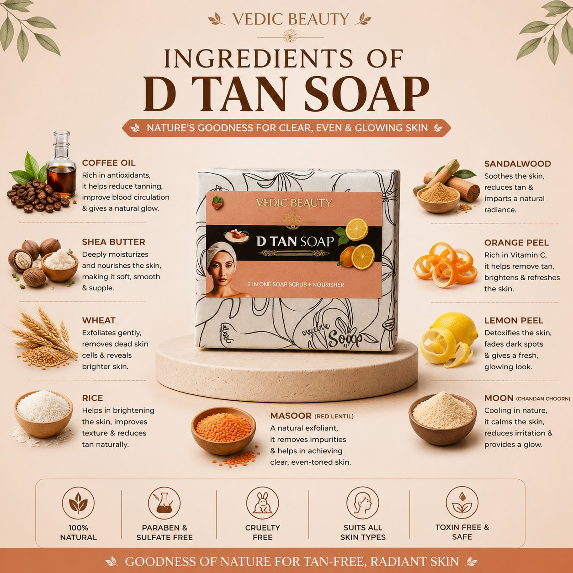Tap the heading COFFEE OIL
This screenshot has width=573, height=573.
109,163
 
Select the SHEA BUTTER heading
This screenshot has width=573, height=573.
114,242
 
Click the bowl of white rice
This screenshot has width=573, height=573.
43,414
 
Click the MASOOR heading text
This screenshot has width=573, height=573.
291,416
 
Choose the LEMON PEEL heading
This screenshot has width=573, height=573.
514,321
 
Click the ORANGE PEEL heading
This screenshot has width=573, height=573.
516,243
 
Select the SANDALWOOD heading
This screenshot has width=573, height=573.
517,164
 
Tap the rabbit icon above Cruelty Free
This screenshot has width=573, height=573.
262,503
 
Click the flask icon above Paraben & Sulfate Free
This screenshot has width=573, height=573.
164,503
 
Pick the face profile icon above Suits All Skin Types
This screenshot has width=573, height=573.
362,503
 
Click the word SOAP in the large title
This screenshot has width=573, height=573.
366,93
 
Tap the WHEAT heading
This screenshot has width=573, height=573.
99,320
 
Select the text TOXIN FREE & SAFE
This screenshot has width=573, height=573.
462,532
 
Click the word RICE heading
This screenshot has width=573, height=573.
92,398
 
